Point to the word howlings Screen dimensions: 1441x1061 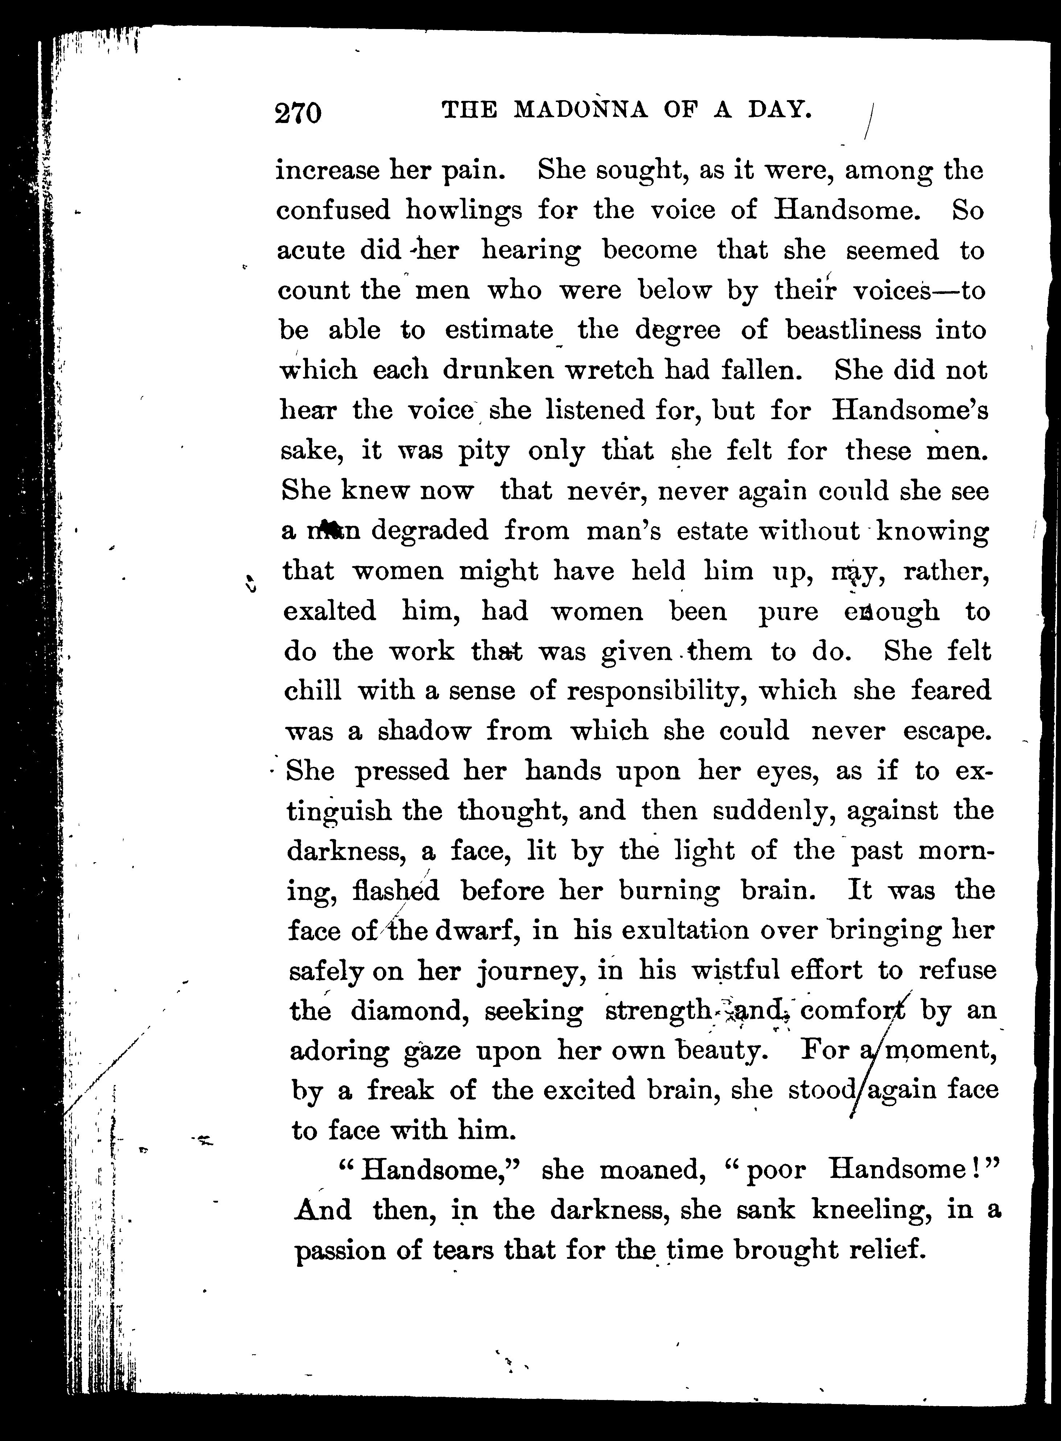pyautogui.click(x=464, y=211)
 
